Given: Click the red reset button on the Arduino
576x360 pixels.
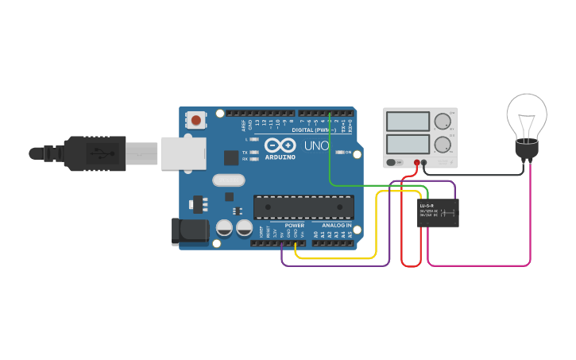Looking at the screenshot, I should pyautogui.click(x=195, y=121).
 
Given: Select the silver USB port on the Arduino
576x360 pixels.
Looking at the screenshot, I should pyautogui.click(x=184, y=153).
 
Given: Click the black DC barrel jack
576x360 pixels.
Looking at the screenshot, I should pyautogui.click(x=190, y=231).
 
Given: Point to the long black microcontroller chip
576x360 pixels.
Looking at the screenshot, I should pyautogui.click(x=303, y=207).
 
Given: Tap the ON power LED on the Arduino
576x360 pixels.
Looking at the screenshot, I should pyautogui.click(x=339, y=152).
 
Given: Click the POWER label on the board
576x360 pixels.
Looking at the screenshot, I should pyautogui.click(x=295, y=226).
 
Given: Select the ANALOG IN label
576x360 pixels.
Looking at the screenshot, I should pyautogui.click(x=338, y=226).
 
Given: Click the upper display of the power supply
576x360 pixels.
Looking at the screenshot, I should pyautogui.click(x=407, y=122).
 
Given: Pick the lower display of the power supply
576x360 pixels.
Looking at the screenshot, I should pyautogui.click(x=407, y=145).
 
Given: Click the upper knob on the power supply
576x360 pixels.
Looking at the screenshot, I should pyautogui.click(x=442, y=121).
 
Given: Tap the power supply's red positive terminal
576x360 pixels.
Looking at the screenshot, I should pyautogui.click(x=416, y=163).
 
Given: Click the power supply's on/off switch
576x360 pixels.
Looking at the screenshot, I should pyautogui.click(x=392, y=163).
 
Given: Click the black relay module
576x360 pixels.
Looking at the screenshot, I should pyautogui.click(x=438, y=213).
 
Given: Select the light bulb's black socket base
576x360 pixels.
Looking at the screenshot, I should pyautogui.click(x=527, y=149).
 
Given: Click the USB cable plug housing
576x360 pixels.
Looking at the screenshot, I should pyautogui.click(x=95, y=153).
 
